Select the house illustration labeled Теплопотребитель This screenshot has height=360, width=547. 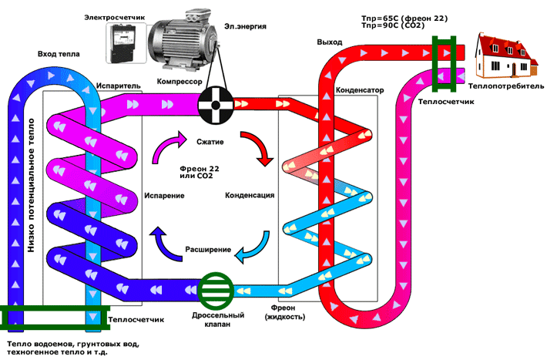tap(505, 56)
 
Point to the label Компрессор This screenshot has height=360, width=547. tap(179, 80)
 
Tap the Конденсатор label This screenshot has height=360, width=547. tap(360, 90)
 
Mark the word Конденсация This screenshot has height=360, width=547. tap(250, 195)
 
